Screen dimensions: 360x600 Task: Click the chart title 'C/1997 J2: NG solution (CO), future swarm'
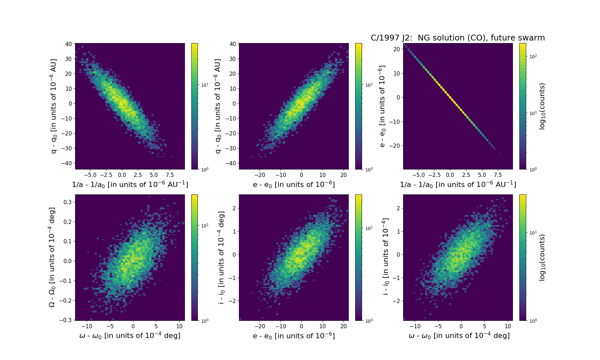458,38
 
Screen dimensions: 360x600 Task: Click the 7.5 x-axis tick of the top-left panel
170,175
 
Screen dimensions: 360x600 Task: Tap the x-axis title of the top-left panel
130,184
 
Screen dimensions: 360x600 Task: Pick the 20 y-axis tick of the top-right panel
396,49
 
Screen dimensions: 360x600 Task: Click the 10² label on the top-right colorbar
533,57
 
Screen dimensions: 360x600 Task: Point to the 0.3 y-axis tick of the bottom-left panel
67,202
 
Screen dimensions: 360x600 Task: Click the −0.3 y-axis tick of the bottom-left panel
65,320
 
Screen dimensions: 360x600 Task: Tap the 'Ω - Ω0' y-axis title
52,257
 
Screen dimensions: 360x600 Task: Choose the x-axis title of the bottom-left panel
130,336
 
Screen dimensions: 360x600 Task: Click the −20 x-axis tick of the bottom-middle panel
260,326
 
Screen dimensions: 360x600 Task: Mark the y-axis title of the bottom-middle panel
221,257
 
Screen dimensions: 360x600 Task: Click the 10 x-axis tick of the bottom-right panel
508,326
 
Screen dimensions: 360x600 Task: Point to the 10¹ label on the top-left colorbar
205,85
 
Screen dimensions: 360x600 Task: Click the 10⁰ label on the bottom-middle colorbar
369,321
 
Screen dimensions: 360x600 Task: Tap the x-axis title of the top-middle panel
294,184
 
